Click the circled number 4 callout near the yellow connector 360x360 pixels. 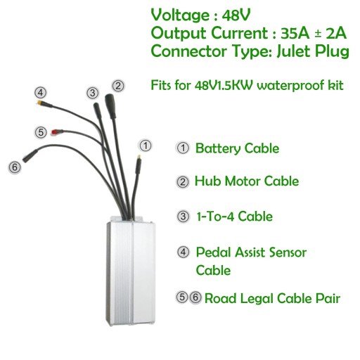tap(41, 93)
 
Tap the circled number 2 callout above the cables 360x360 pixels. tap(118, 86)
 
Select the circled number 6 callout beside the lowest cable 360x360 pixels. tap(15, 167)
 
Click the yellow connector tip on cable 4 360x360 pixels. tap(40, 103)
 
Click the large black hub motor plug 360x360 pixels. tap(110, 106)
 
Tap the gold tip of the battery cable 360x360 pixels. tap(139, 156)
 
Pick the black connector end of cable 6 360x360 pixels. tap(30, 155)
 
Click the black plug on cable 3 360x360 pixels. tap(97, 110)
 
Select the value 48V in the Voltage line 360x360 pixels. tap(236, 15)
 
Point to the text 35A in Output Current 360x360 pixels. tap(295, 34)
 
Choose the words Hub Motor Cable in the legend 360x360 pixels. tap(247, 181)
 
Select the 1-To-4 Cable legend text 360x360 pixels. tap(234, 217)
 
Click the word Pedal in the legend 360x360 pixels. tap(214, 252)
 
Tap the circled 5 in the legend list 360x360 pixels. tap(181, 297)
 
